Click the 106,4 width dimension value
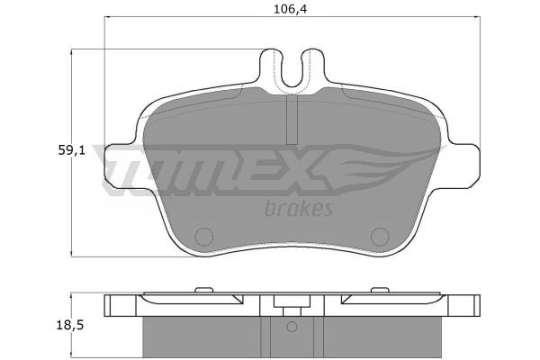(x=290, y=9)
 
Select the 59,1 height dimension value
(x=71, y=150)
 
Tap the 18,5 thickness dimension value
(x=70, y=325)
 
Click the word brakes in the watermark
(x=299, y=208)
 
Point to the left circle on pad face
(x=204, y=237)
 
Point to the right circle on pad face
(x=380, y=237)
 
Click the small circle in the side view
(x=292, y=327)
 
